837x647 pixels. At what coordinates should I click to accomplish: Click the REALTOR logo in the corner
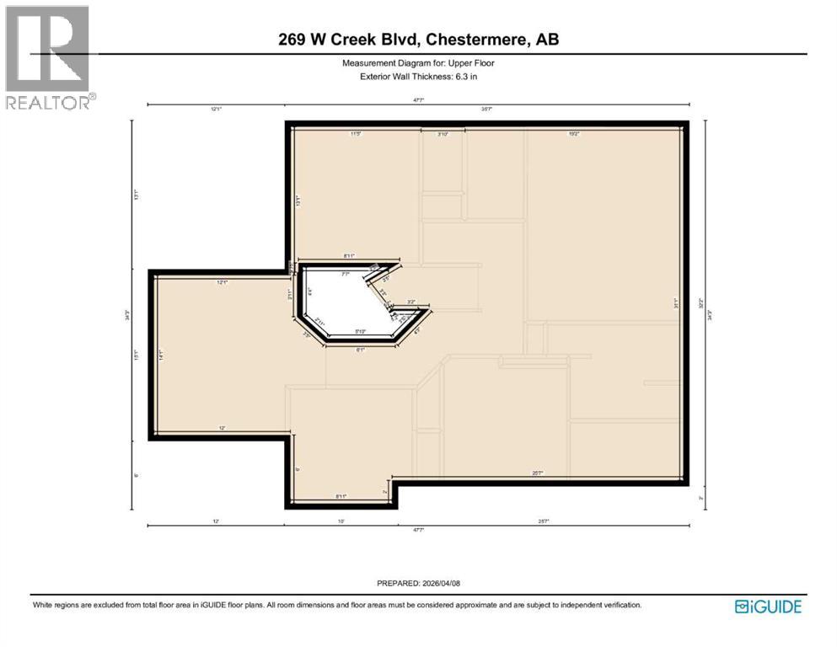(x=49, y=57)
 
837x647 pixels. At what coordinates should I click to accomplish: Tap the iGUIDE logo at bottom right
(x=768, y=607)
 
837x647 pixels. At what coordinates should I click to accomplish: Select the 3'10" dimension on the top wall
(x=443, y=133)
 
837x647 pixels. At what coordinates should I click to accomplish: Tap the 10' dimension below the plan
(x=341, y=521)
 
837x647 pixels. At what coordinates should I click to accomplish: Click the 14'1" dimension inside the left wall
(x=160, y=356)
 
